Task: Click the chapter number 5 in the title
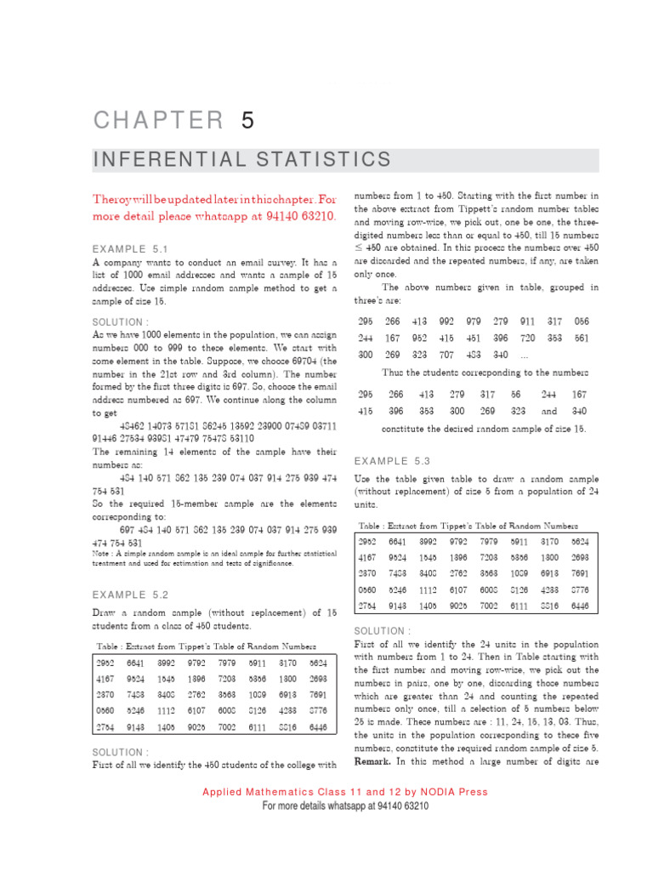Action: click(x=247, y=121)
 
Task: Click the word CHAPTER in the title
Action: click(x=157, y=121)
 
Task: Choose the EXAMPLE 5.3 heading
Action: click(x=394, y=460)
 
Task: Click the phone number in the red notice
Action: click(x=303, y=216)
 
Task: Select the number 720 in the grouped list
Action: click(x=527, y=337)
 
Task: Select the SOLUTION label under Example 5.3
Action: click(x=382, y=630)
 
